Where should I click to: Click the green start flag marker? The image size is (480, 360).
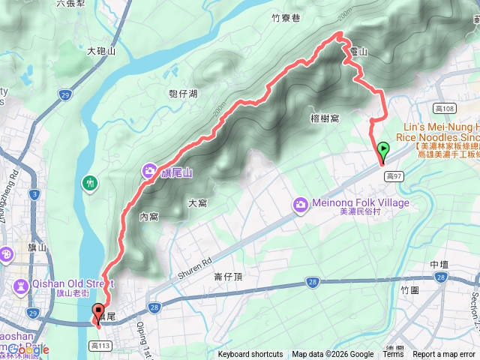click(x=383, y=150)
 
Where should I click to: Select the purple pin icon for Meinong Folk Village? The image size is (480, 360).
click(x=301, y=203)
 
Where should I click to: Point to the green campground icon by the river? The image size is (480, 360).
click(x=91, y=182)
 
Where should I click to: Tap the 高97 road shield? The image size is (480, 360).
click(x=394, y=175)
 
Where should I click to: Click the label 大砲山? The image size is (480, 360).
click(x=100, y=51)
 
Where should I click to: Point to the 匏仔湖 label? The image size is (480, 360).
click(x=183, y=94)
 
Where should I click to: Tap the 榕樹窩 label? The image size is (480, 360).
click(x=325, y=118)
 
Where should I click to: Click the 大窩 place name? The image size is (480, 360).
click(x=197, y=202)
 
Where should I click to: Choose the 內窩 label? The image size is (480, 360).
click(x=149, y=216)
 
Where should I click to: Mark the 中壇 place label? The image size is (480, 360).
click(x=439, y=265)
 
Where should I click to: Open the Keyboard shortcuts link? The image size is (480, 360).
click(x=250, y=355)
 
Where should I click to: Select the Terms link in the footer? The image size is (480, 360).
click(x=393, y=355)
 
